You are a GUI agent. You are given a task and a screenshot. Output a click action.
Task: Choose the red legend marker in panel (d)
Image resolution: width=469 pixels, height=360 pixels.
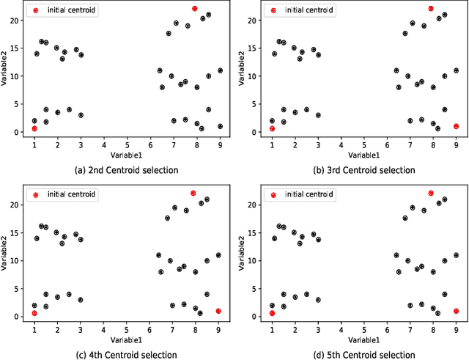click(273, 195)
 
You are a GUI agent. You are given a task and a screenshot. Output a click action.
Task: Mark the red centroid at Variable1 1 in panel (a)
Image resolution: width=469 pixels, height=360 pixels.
click(34, 128)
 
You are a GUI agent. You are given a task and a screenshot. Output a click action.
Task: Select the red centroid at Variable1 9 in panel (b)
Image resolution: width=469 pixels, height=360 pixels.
click(456, 126)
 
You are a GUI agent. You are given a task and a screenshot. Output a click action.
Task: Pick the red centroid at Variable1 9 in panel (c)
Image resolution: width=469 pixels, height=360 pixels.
click(218, 311)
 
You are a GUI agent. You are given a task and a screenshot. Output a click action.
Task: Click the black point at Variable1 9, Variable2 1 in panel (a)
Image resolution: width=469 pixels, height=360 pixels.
click(220, 126)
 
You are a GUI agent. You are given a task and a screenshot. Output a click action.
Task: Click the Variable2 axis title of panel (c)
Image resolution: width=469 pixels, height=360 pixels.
click(5, 254)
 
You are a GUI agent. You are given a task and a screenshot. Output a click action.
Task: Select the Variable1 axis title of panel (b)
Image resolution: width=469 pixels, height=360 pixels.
click(363, 155)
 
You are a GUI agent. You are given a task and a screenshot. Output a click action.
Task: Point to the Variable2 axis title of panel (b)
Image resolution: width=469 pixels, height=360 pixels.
click(243, 70)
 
